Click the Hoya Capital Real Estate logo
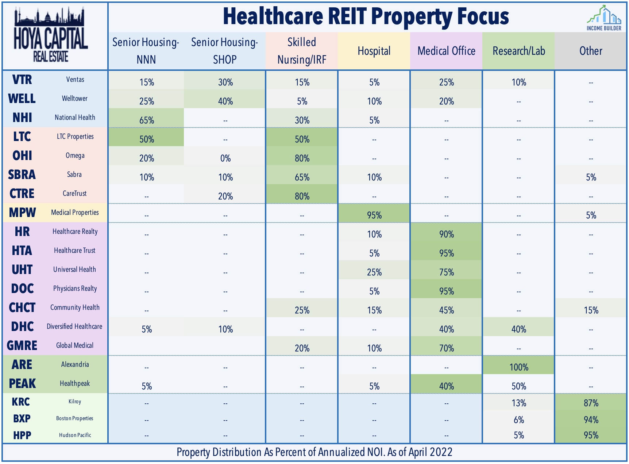(51, 36)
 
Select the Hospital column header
(374, 51)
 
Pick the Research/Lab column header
(518, 51)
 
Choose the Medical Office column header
(446, 51)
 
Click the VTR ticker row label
(22, 80)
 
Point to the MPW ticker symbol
(22, 213)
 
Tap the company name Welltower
(75, 99)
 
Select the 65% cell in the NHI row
(147, 120)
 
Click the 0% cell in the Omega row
(225, 158)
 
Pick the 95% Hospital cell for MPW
(374, 215)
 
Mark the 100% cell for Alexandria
(519, 367)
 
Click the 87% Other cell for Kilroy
(591, 403)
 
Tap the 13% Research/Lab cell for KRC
(519, 403)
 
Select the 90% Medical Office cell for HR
(447, 234)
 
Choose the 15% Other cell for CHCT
(591, 310)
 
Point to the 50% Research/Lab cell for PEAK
(519, 386)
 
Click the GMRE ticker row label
(22, 346)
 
